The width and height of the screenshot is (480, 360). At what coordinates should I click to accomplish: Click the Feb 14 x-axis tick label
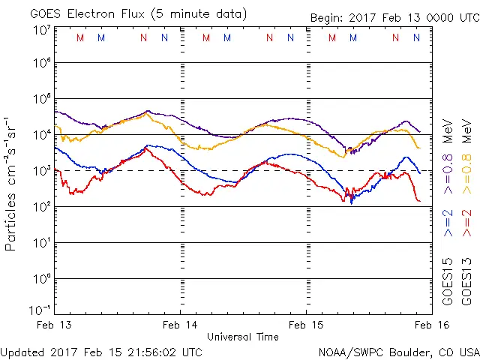pos(180,324)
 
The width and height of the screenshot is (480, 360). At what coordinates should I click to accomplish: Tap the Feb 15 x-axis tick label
pos(306,324)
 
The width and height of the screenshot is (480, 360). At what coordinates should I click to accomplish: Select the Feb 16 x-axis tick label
pos(431,324)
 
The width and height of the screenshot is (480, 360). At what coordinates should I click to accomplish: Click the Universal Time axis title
pos(242,337)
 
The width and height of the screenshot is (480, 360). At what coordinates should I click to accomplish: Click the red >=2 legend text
pos(466,223)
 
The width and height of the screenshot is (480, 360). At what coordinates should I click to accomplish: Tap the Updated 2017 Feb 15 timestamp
pos(101,352)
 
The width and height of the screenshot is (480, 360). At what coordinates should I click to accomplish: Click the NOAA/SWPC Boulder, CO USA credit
pos(397,352)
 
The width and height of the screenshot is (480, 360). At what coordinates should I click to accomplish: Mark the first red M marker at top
pos(80,37)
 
